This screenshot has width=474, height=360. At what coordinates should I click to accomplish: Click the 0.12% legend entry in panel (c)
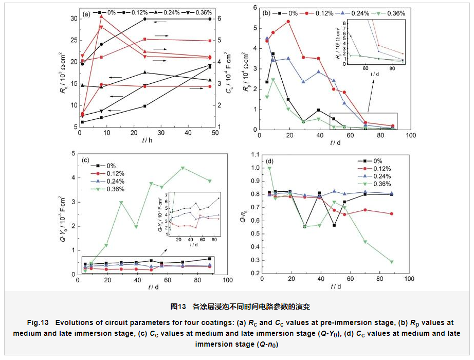(x=115, y=173)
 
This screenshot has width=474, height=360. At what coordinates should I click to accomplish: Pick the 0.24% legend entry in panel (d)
(x=381, y=176)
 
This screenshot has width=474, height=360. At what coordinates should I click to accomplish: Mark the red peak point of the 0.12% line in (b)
(x=288, y=22)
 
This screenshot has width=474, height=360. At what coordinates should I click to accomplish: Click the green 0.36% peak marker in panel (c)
(x=183, y=168)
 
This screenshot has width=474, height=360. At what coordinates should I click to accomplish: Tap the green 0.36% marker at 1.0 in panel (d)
(x=270, y=168)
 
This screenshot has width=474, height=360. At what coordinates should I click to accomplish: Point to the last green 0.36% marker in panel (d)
(x=392, y=262)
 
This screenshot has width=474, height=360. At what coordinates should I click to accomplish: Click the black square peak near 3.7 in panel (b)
(x=273, y=53)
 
